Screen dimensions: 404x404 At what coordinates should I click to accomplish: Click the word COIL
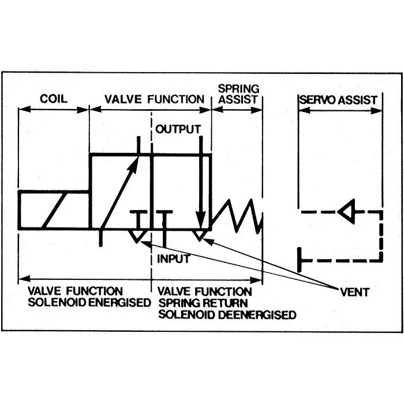[x=53, y=98]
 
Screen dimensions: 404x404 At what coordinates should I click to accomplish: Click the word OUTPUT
[x=178, y=128]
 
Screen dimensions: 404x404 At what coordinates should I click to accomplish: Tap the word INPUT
[x=174, y=259]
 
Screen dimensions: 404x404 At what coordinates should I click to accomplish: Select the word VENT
[x=354, y=293]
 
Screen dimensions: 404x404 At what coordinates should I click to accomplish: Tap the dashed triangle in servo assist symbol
[x=347, y=212]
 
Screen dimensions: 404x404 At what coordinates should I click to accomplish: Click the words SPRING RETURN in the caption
[x=203, y=303]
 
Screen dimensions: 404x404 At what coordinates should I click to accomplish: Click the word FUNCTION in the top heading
[x=175, y=99]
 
